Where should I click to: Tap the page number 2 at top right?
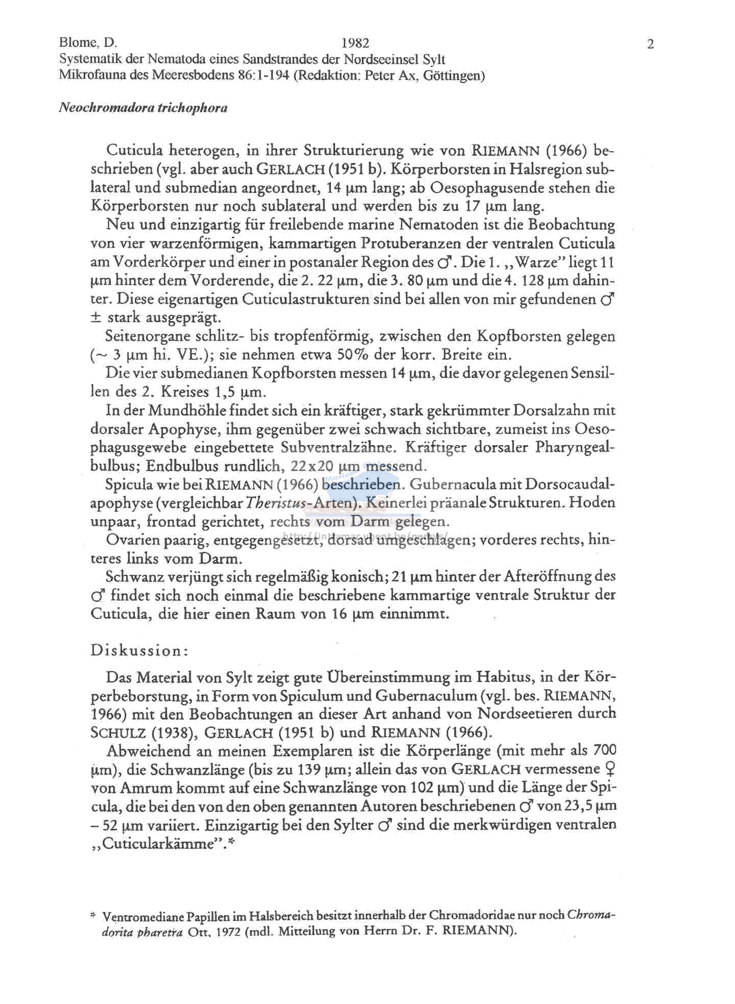click(650, 44)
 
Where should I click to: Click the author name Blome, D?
click(88, 43)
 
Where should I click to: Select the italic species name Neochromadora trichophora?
click(143, 108)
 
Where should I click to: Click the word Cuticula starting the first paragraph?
click(134, 151)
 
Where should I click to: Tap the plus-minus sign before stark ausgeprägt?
click(96, 318)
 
